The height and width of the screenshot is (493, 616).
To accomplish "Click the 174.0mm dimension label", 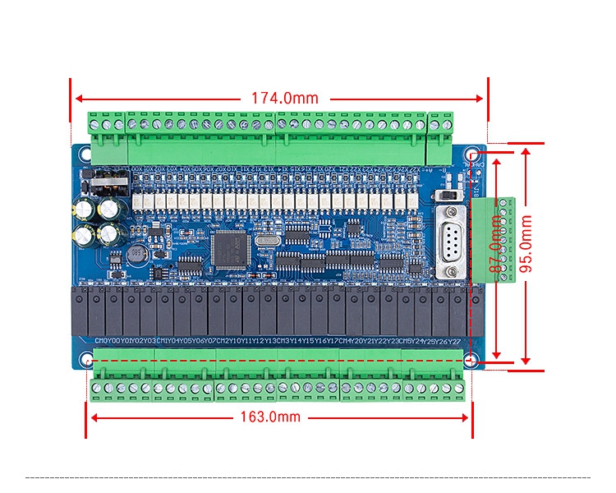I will pyautogui.click(x=284, y=98).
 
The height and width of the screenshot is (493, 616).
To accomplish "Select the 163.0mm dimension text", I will pyautogui.click(x=270, y=417).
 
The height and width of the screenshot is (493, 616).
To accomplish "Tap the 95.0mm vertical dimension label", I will pyautogui.click(x=526, y=244).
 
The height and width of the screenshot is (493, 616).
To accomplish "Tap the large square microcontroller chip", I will pyautogui.click(x=229, y=249).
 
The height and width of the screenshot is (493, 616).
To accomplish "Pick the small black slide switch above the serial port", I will pyautogui.click(x=448, y=197).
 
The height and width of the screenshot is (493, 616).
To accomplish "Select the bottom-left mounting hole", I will pyautogui.click(x=87, y=360).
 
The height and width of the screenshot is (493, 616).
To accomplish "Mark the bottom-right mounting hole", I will pyautogui.click(x=471, y=360).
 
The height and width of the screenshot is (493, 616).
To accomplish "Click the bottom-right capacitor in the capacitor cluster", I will pyautogui.click(x=108, y=234).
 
